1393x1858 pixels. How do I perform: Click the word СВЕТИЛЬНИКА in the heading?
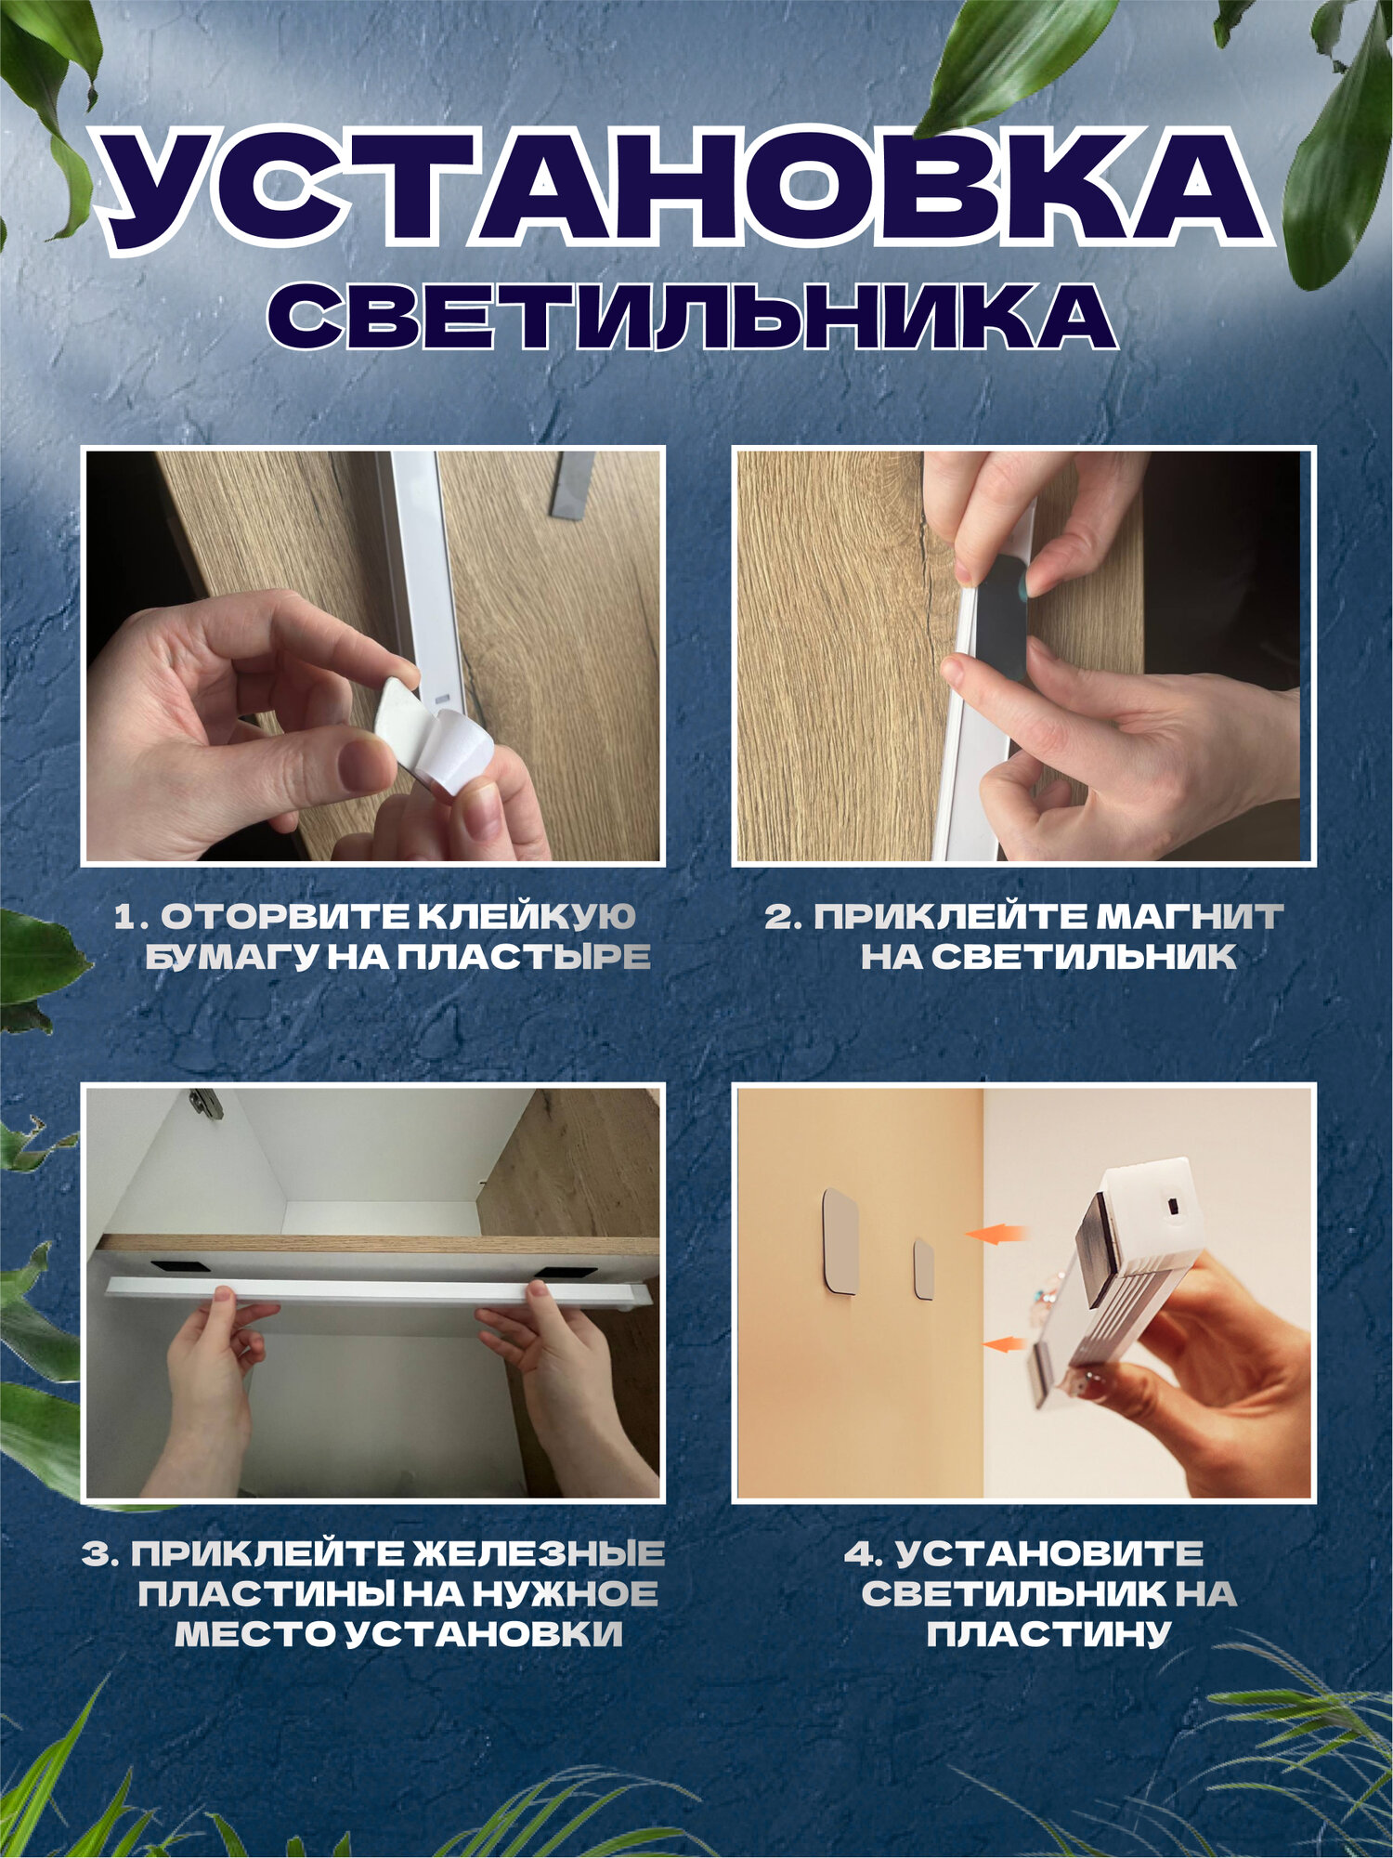(692, 317)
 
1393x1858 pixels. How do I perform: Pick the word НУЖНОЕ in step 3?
(566, 1594)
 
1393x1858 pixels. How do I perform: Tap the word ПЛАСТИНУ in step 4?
(1048, 1635)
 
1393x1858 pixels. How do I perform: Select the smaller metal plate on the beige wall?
(924, 1269)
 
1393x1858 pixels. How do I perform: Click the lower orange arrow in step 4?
(1004, 1343)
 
